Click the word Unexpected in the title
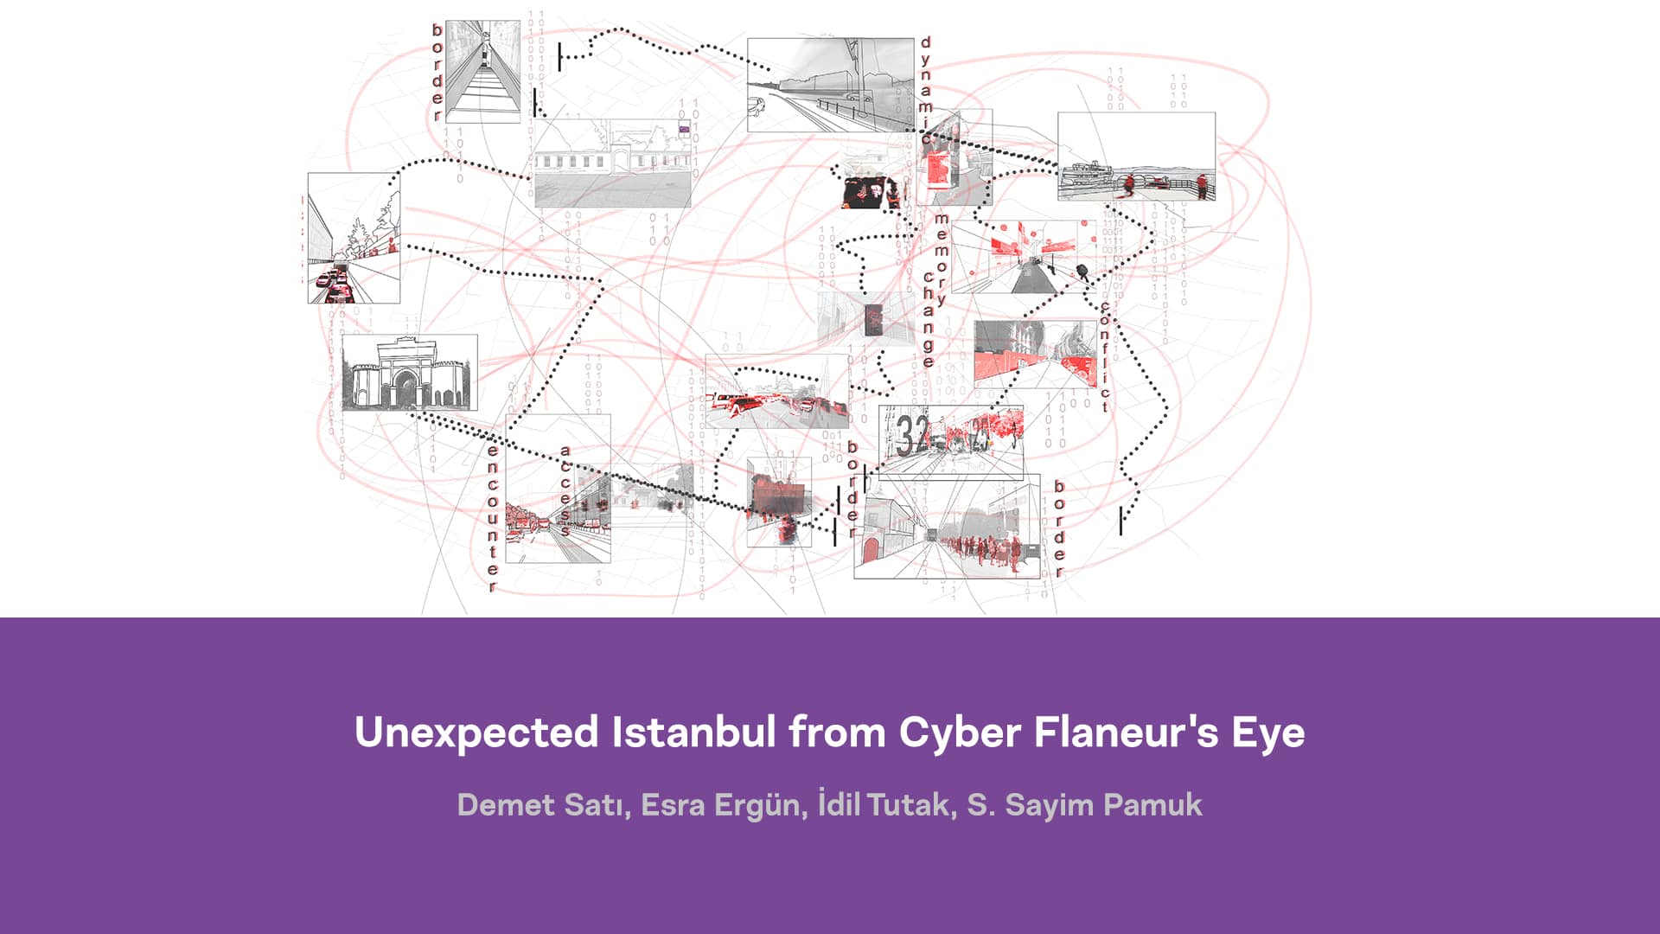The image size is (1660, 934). coord(476,732)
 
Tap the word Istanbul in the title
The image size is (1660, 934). coord(693,732)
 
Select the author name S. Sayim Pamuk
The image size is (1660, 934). coord(1084,805)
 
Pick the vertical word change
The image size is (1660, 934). coord(929,320)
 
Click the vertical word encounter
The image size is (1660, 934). coord(493,518)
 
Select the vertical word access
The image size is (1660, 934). coord(565,489)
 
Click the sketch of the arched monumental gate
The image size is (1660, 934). coord(409,373)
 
